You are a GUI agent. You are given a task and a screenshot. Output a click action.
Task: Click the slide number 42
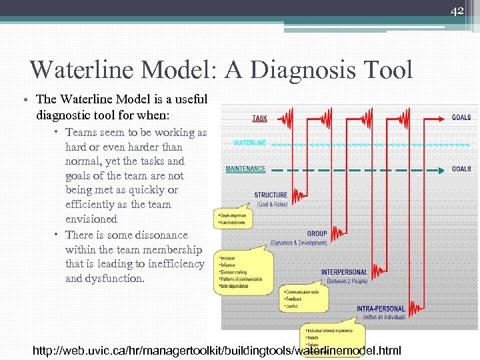(x=457, y=11)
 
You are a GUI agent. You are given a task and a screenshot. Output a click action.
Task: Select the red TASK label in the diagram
(x=259, y=118)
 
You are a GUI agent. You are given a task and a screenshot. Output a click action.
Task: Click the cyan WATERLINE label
(x=250, y=143)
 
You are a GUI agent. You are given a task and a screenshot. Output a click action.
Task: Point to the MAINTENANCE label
(x=245, y=169)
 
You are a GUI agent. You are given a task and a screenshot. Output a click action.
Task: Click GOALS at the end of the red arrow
(x=461, y=117)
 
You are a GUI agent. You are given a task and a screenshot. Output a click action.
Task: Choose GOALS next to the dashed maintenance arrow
(x=461, y=169)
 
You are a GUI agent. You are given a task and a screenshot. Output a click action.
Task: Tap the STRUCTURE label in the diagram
(x=271, y=195)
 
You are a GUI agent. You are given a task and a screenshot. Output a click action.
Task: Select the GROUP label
(x=317, y=233)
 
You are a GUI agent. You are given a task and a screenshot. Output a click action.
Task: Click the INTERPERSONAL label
(x=344, y=272)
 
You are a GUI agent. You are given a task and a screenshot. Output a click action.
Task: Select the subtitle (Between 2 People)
(x=347, y=281)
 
